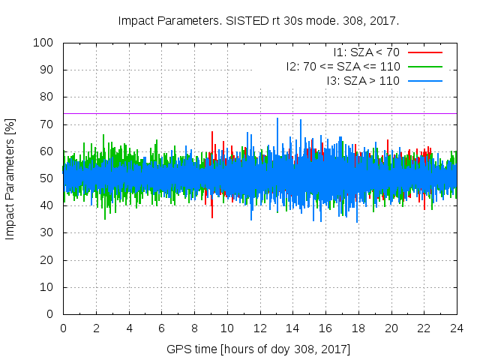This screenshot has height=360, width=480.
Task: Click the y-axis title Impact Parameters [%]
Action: pos(10,178)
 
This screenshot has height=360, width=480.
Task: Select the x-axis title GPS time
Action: pos(259,349)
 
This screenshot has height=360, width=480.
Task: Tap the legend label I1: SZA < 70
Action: pos(366,52)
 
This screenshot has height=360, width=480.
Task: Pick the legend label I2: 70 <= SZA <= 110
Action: pos(343,67)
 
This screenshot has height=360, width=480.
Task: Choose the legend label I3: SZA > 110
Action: pos(363,81)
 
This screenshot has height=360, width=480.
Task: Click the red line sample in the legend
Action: pos(424,52)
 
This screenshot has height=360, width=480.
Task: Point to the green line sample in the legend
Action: pos(424,67)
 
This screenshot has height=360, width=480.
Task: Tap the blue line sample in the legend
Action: pos(424,81)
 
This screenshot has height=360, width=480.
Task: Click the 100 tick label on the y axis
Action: pos(44,43)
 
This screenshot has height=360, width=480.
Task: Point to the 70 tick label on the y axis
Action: pos(47,124)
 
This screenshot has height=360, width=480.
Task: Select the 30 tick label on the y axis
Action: pos(47,232)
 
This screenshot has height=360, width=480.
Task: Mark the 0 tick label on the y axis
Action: pos(50,314)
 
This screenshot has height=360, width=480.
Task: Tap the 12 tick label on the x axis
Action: pos(259,328)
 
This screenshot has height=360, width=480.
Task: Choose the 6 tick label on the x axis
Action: pos(161,328)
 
